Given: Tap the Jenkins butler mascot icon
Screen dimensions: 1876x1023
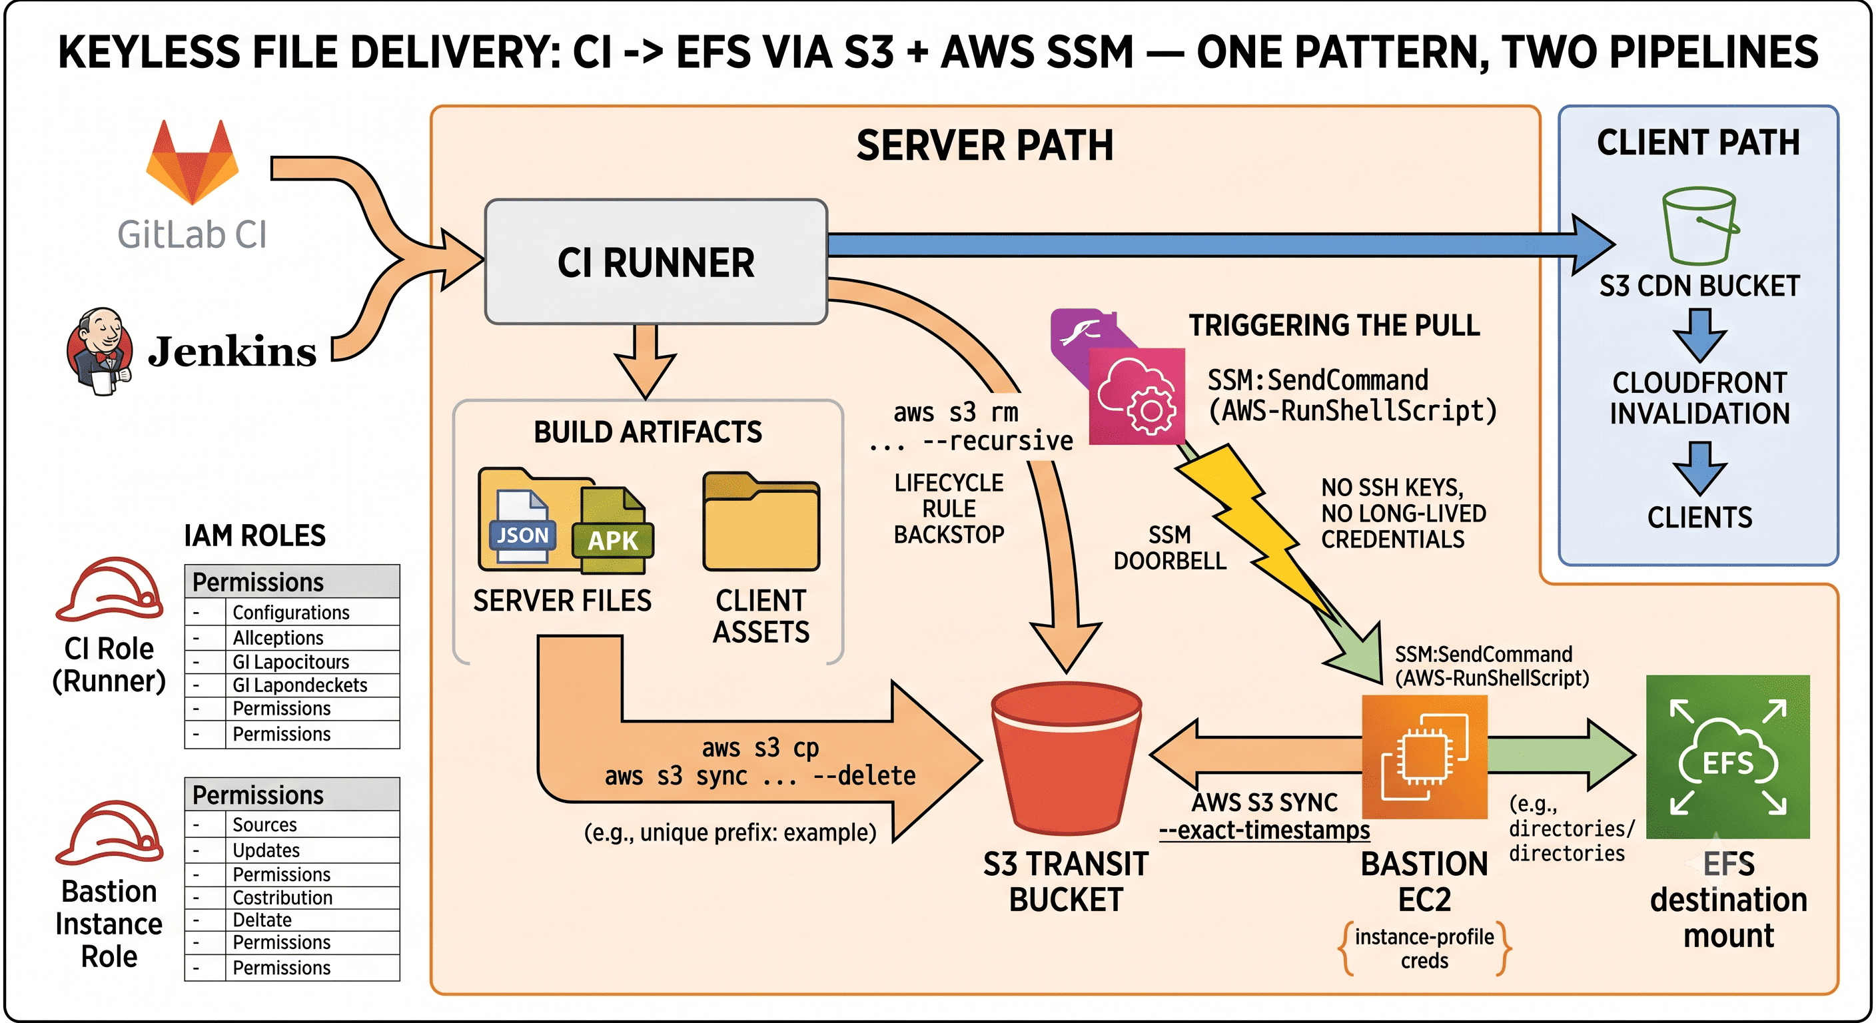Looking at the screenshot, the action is coord(100,351).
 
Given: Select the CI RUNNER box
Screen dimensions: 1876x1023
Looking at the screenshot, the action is coord(656,261).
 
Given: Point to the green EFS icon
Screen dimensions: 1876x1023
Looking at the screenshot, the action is coord(1727,757).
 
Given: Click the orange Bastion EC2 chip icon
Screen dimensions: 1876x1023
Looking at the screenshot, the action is coord(1424,757).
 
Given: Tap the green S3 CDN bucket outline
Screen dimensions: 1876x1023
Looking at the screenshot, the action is coord(1699,226).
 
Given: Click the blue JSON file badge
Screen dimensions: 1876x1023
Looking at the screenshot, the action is coord(522,535).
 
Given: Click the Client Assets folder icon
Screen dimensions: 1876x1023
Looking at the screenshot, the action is coord(761,521).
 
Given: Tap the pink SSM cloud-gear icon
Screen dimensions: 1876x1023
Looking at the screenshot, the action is coord(1136,396).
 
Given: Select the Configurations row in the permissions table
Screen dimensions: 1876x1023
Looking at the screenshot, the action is coord(292,612).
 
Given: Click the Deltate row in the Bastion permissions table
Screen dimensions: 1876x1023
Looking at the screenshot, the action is coord(292,920).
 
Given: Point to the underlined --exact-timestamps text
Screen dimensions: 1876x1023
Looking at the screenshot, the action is coord(1264,830).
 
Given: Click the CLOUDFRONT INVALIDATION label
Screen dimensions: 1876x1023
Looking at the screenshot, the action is coord(1699,398).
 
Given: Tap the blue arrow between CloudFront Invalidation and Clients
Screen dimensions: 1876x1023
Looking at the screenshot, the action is coord(1699,468).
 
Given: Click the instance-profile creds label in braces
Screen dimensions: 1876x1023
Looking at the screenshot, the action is coord(1424,948).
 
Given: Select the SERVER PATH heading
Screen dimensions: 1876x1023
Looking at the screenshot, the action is coord(985,145).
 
